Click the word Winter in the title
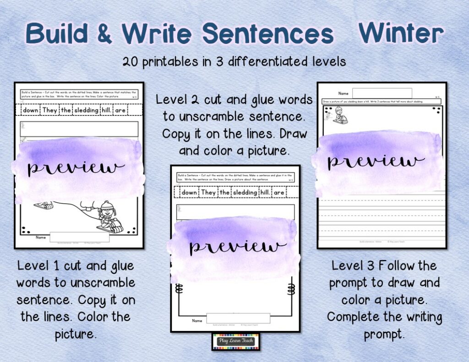[x=401, y=33]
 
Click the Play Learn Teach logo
[x=235, y=341]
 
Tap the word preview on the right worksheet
[x=376, y=161]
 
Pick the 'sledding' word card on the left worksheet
[x=86, y=110]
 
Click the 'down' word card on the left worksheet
[x=31, y=110]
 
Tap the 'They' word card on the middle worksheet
[x=208, y=193]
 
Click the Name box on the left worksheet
[x=79, y=237]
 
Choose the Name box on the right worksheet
[x=382, y=93]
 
